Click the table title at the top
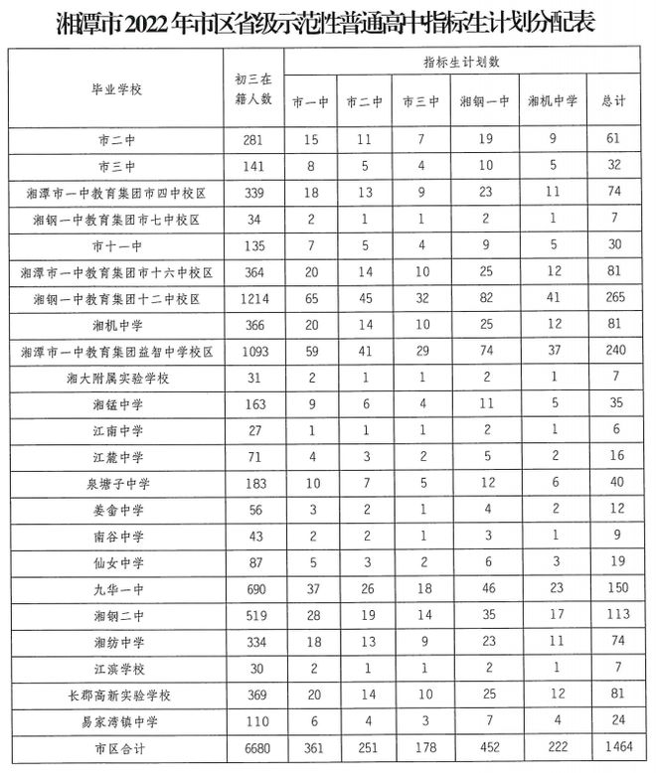click(x=327, y=23)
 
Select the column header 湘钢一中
click(x=484, y=101)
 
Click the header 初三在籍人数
click(x=252, y=90)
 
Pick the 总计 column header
click(x=613, y=101)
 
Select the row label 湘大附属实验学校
click(x=117, y=379)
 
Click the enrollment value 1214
click(x=252, y=298)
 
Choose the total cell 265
click(x=613, y=298)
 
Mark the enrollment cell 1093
click(x=252, y=352)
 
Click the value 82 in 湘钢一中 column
click(x=484, y=298)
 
